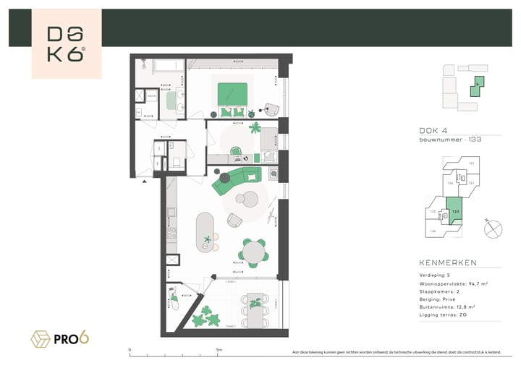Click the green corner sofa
[x=235, y=181]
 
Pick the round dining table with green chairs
[x=253, y=252]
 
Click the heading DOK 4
[x=433, y=131]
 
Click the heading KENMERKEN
[x=448, y=263]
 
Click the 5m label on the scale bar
[x=219, y=350]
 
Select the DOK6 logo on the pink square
[x=66, y=43]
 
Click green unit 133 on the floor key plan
[x=455, y=214]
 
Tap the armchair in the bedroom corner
[x=270, y=107]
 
